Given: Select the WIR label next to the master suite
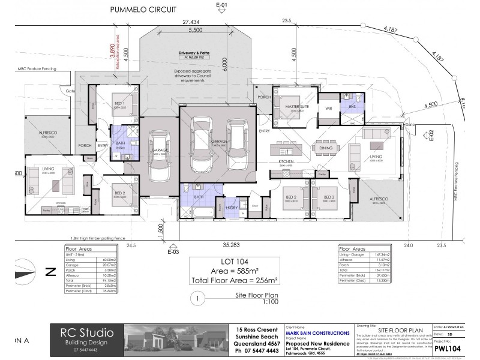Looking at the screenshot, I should (x=328, y=108).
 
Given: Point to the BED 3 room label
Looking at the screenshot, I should (x=328, y=197).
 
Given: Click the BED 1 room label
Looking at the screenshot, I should (x=119, y=103).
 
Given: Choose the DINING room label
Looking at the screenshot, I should (x=326, y=148).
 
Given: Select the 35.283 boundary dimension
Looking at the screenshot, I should (x=232, y=245).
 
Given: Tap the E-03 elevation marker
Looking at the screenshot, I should (x=173, y=253).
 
